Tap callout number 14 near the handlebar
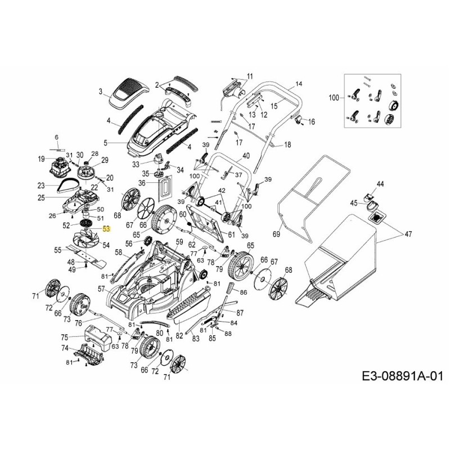click(x=299, y=84)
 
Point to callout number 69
click(x=276, y=233)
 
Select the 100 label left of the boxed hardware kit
click(x=334, y=98)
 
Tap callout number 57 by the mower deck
click(x=102, y=289)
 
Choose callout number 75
click(x=64, y=337)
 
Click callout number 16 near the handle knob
click(x=312, y=121)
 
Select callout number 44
click(x=380, y=184)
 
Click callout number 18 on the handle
click(x=287, y=145)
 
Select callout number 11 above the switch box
click(x=250, y=76)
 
